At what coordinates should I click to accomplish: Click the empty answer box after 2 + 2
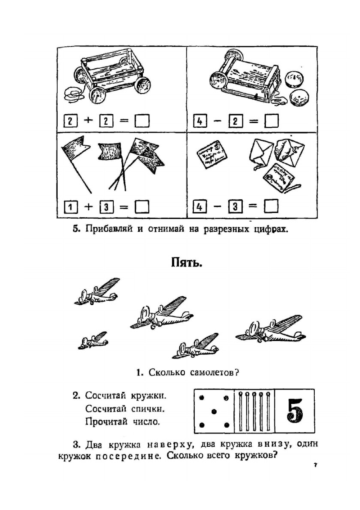(x=142, y=121)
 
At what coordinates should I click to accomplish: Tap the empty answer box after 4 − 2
(x=271, y=121)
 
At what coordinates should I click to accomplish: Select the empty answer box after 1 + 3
(x=142, y=207)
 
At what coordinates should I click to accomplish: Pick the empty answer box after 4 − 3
(x=271, y=206)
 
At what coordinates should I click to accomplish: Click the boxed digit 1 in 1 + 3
(x=71, y=207)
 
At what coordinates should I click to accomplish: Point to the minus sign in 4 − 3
(x=217, y=206)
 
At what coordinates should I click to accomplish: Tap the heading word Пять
(x=186, y=263)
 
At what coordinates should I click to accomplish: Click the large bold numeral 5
(x=294, y=410)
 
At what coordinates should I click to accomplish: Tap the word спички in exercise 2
(x=148, y=409)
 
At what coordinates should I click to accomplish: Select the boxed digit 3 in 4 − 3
(x=235, y=207)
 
